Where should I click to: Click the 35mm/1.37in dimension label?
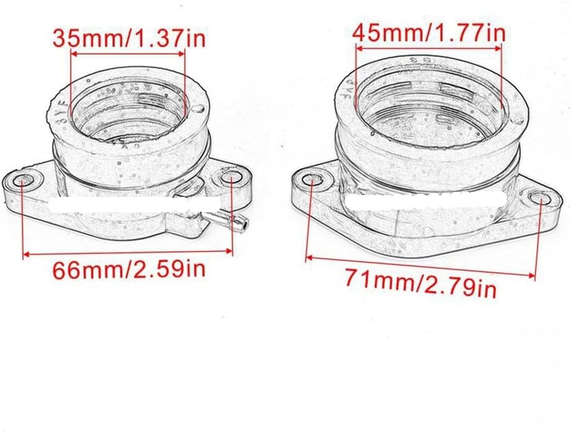(128, 39)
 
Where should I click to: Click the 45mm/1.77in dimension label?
(429, 32)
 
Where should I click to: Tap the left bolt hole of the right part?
(313, 179)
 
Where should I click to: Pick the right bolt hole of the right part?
(538, 198)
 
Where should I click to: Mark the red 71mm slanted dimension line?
(421, 266)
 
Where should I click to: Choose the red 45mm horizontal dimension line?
(429, 47)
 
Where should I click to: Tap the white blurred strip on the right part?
(422, 200)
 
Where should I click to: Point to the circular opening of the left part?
(128, 112)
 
